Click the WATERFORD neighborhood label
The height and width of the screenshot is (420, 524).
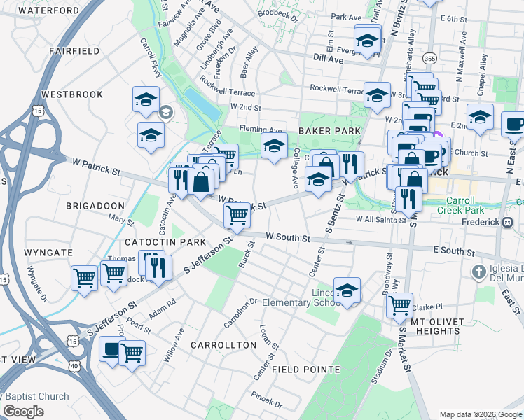click(50, 10)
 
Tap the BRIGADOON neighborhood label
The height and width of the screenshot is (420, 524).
click(95, 206)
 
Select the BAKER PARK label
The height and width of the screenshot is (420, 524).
click(329, 131)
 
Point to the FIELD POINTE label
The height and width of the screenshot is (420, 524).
click(305, 369)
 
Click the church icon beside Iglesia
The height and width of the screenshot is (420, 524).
click(478, 271)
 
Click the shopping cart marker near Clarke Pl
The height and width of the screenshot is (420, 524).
click(399, 304)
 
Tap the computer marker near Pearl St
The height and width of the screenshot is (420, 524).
click(111, 349)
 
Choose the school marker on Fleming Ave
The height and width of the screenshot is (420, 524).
click(274, 145)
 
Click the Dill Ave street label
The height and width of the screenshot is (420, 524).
click(329, 59)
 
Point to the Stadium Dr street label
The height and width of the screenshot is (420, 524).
click(384, 366)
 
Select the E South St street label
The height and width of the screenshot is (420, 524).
click(454, 251)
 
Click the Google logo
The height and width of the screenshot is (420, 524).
click(23, 412)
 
